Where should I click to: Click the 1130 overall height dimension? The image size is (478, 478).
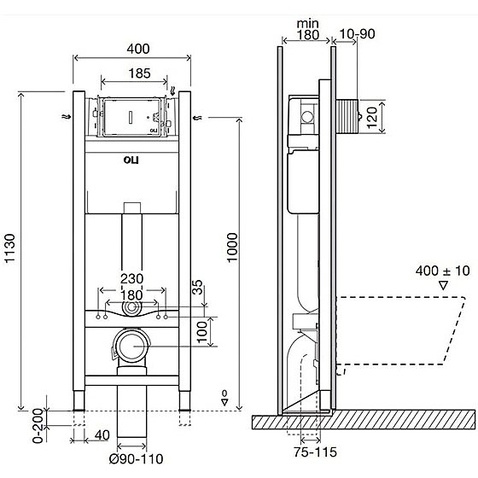coord(9,248)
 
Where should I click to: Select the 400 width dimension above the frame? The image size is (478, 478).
coord(138,49)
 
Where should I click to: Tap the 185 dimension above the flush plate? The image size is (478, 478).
coord(139,73)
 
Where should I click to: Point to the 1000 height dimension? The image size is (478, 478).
coord(232,248)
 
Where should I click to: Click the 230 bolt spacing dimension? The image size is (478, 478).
coord(131,279)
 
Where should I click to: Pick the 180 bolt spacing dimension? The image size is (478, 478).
coord(131,295)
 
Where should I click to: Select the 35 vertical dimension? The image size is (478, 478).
coord(198,287)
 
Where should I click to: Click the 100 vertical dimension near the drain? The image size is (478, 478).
coord(201,332)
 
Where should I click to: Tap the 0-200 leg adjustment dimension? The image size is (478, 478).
coord(38,426)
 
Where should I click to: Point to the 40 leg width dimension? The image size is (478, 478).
coord(102,435)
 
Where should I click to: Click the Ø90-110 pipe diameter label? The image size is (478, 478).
coord(137,459)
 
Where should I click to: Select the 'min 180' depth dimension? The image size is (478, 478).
coord(308,30)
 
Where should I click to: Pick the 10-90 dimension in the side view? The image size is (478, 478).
coord(357,34)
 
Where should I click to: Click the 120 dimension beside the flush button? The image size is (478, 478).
coord(371,118)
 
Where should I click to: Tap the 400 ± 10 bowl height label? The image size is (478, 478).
coord(443,271)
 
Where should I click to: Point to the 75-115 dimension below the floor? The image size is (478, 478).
coord(316,452)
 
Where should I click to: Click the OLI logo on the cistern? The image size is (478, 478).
coord(131,160)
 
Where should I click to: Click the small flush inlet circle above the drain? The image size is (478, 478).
coord(131,307)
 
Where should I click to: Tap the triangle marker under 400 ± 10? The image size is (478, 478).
coord(443,286)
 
